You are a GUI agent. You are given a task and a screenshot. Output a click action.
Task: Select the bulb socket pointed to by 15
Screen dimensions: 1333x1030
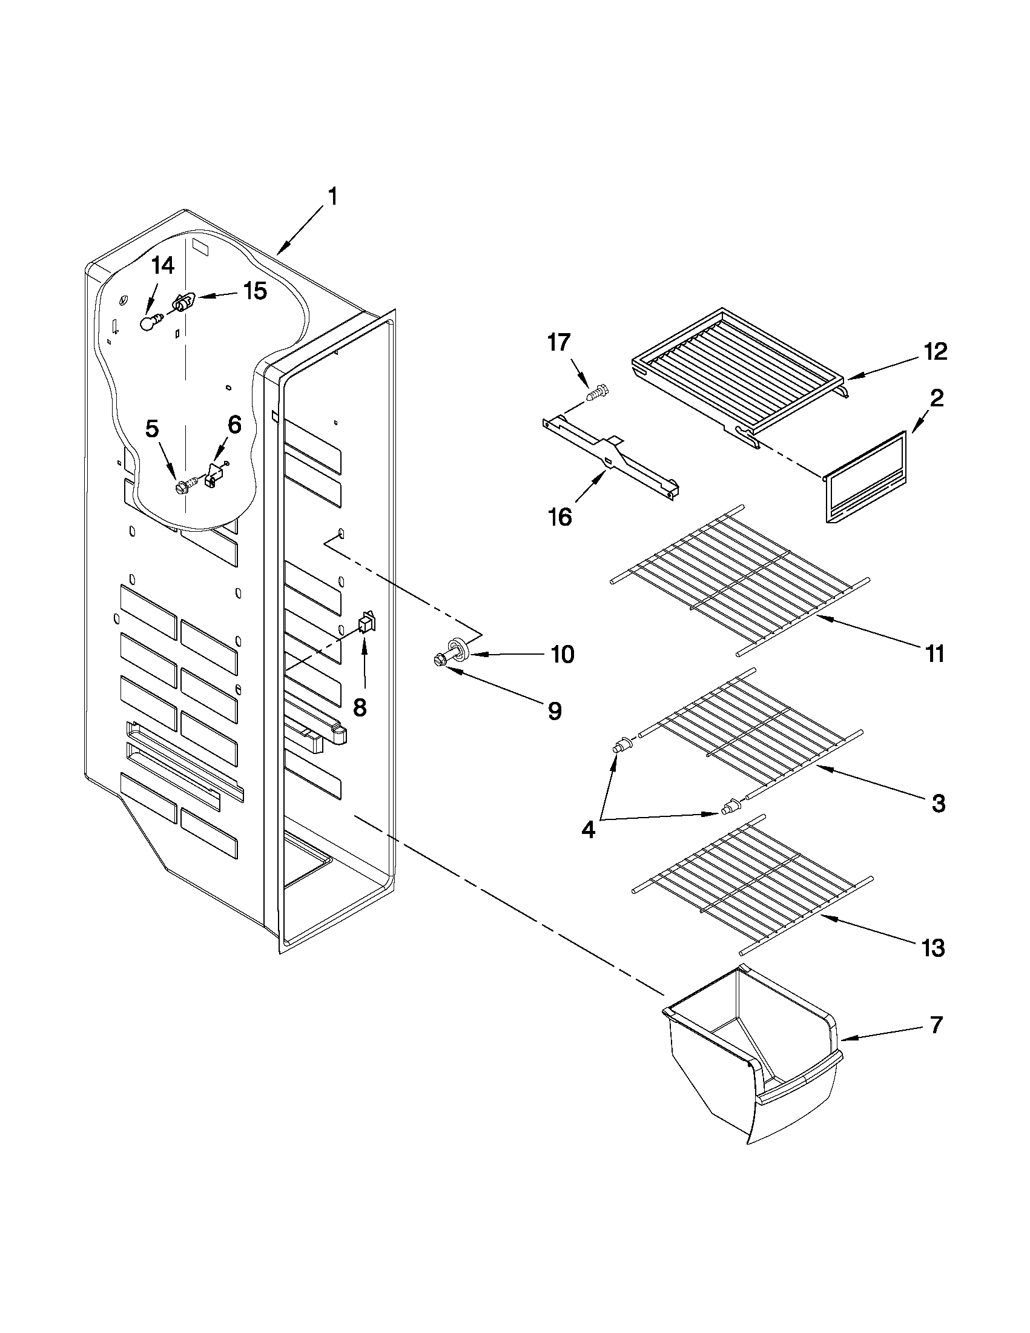(x=183, y=302)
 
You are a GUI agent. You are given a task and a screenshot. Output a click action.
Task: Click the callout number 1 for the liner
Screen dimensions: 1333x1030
(x=332, y=197)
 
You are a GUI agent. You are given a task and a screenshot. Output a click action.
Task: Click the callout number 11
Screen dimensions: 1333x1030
(x=934, y=653)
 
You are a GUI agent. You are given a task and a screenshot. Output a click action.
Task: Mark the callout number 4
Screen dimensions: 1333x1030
(x=587, y=830)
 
